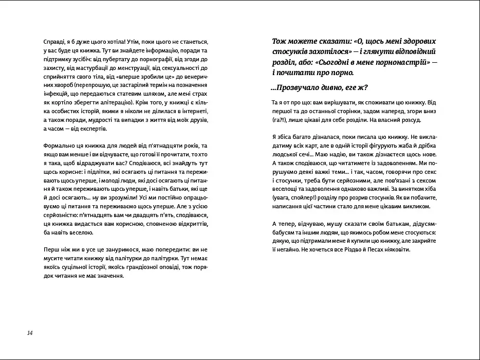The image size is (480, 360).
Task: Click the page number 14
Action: pos(30,333)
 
